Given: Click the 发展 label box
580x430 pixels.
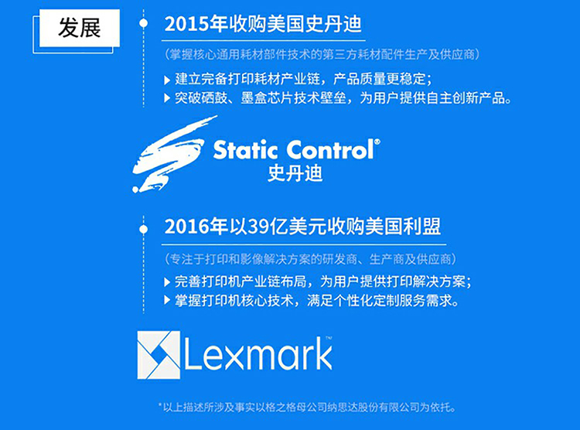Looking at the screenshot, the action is pos(80,28).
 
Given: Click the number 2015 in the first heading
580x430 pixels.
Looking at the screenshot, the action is pos(185,25).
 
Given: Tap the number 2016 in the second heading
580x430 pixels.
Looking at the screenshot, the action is pos(185,227).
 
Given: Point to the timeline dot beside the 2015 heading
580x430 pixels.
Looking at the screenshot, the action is pos(144,23).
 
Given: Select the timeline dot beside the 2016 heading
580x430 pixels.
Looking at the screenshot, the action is pos(144,230).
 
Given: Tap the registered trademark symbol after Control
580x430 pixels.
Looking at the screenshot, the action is pos(377,142).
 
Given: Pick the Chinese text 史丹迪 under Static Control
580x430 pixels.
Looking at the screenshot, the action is pos(295,173).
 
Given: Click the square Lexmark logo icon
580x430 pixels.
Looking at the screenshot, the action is pos(159,355).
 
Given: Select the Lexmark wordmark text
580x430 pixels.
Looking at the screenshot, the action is pos(258,354).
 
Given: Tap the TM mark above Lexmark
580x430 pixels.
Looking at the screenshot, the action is pos(329,338).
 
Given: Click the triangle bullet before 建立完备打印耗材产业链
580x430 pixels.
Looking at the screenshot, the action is pos(167,80).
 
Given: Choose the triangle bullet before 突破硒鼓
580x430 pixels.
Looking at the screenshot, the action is pos(167,98).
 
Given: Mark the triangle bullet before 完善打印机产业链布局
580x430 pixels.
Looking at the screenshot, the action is pos(167,282).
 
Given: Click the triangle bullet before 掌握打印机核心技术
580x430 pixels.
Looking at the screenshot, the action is pos(167,301).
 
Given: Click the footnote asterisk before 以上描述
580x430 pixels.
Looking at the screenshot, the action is pos(160,405).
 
